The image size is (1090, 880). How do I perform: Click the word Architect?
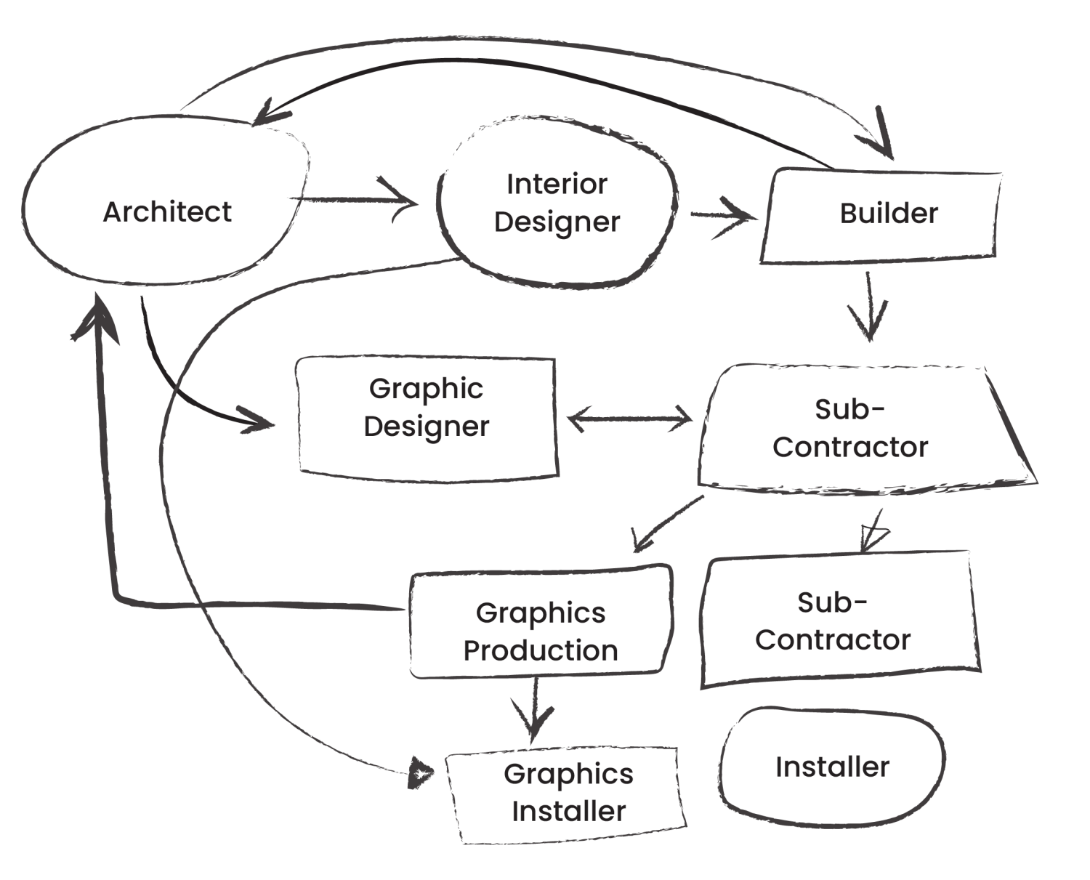[167, 212]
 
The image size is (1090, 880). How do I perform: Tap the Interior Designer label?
[557, 203]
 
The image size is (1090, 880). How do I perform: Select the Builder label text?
[889, 214]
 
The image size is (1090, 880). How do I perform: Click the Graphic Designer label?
[426, 407]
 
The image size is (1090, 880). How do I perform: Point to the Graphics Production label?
[541, 631]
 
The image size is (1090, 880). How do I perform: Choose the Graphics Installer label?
[568, 792]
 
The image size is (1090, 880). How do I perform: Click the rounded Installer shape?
[832, 767]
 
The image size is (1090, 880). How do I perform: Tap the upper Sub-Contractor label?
[849, 428]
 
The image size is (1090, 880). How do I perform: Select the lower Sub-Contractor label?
[833, 621]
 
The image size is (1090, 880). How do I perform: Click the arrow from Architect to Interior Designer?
[356, 199]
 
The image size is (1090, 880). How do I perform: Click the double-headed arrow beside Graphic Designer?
[629, 419]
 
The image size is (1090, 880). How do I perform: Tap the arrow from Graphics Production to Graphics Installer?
[536, 711]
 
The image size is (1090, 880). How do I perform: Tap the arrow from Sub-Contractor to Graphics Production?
[665, 523]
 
